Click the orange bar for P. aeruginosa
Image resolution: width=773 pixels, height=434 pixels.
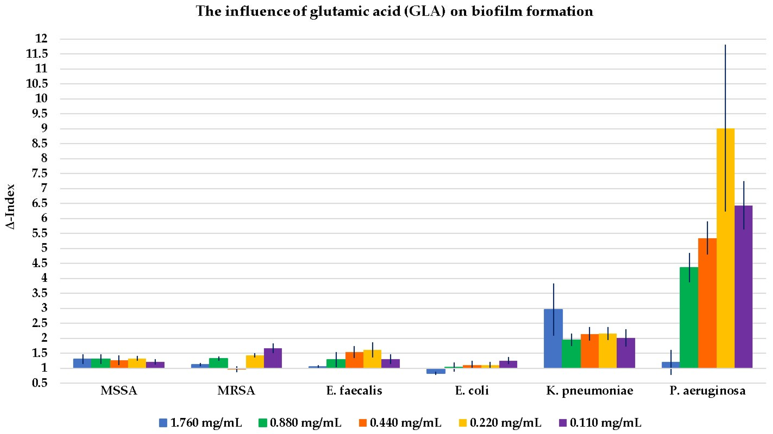[707, 303]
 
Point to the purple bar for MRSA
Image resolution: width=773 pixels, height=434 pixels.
[273, 358]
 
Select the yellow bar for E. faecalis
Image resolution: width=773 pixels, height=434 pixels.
[372, 359]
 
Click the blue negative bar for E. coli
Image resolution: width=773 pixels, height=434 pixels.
[436, 371]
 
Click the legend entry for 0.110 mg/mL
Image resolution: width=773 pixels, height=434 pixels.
[600, 423]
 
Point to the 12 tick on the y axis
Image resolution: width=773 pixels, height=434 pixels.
[41, 39]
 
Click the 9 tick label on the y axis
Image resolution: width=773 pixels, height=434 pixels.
[44, 129]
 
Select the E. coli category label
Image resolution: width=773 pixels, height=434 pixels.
[472, 390]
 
